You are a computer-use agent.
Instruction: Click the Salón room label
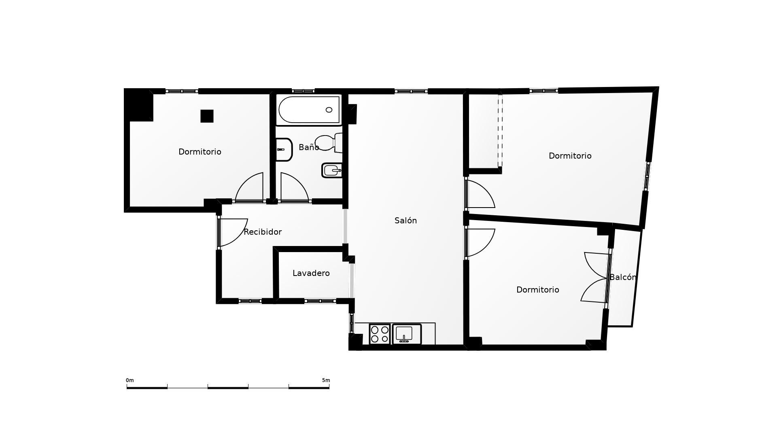pos(405,221)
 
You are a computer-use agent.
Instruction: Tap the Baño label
pos(309,147)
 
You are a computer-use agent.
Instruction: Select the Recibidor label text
pos(263,232)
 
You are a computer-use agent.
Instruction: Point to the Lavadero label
pos(311,273)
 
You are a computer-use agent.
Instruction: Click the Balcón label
pos(623,277)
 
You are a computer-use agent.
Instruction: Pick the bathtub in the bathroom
pos(309,110)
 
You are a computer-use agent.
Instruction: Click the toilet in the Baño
pos(329,143)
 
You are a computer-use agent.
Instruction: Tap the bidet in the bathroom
pos(332,170)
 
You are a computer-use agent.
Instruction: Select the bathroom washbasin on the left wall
pos(284,149)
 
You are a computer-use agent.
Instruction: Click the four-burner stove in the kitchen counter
pos(380,334)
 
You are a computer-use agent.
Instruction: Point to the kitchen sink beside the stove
pos(407,334)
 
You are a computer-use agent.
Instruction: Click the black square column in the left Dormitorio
pos(207,116)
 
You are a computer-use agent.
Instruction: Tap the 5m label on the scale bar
pos(326,380)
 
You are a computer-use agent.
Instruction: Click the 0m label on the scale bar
pos(129,380)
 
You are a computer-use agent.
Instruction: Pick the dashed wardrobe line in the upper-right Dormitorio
pos(500,130)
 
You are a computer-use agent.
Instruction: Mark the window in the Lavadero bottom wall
pos(320,301)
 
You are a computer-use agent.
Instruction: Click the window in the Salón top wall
pos(411,91)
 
